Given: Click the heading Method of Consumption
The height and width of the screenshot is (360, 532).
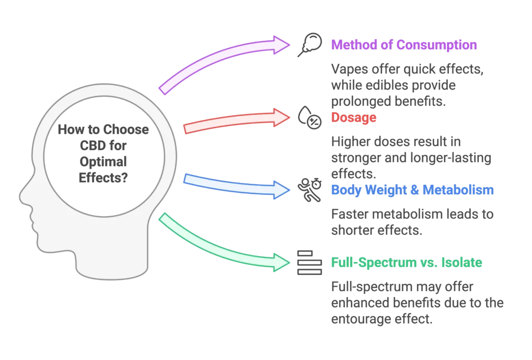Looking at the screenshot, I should pyautogui.click(x=403, y=44).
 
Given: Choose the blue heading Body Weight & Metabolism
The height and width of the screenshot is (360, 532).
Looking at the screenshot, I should pyautogui.click(x=412, y=190).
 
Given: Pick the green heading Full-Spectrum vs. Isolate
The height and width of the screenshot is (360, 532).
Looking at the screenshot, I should pyautogui.click(x=406, y=263).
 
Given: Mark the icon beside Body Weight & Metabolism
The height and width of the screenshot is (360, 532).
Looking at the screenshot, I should pyautogui.click(x=310, y=188).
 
